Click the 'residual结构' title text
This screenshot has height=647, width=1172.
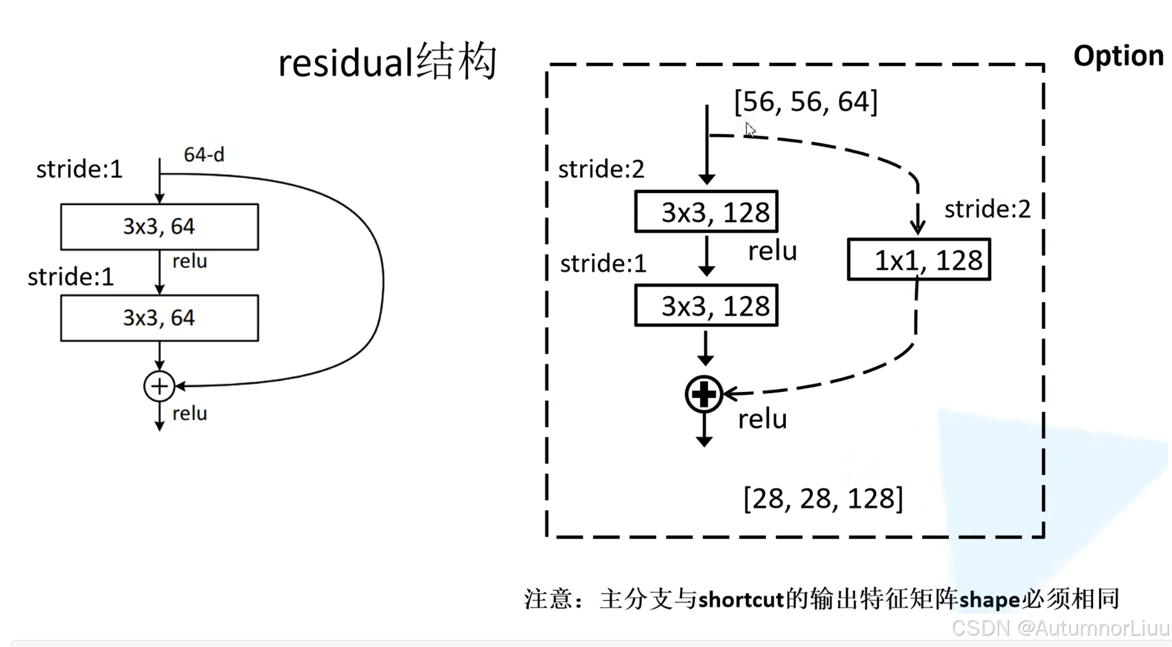[387, 62]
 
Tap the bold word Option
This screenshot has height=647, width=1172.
[1118, 56]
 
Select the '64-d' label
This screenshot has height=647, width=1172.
[204, 155]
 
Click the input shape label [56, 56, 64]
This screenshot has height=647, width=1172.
[806, 101]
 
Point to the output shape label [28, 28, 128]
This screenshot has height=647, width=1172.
[823, 499]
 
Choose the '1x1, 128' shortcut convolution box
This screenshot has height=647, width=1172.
[918, 260]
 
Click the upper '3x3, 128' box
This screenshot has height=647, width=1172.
[706, 212]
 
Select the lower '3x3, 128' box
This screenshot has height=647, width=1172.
[706, 306]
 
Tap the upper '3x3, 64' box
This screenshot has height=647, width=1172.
[159, 227]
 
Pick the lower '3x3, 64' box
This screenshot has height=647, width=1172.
[159, 318]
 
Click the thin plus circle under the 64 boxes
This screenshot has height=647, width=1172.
[159, 386]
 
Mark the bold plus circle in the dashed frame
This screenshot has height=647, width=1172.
[704, 394]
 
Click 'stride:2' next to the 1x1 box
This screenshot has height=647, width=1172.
[987, 209]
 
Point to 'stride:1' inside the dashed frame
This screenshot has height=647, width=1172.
[603, 264]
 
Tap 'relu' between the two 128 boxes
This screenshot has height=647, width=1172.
[772, 251]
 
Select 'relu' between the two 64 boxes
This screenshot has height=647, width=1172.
[189, 261]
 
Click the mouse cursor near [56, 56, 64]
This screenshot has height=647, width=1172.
[749, 129]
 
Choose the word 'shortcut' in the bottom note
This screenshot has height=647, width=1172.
[741, 599]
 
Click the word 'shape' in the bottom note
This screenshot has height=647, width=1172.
[989, 600]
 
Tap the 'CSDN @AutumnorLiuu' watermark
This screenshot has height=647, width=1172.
[1060, 628]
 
